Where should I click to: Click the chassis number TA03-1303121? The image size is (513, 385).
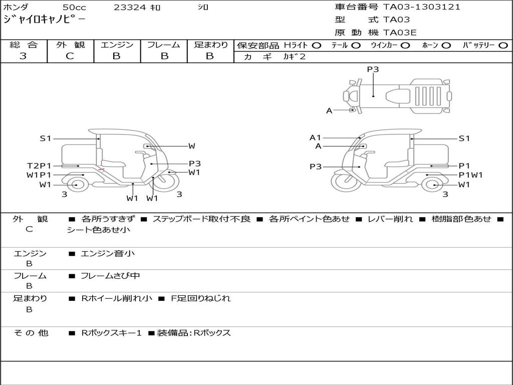click(421, 7)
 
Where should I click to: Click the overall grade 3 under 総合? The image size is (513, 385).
click(23, 56)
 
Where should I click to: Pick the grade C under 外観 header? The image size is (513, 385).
click(70, 56)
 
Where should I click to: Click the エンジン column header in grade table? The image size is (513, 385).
click(117, 45)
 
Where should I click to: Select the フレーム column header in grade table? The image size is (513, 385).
click(163, 45)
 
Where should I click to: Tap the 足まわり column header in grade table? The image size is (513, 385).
click(210, 45)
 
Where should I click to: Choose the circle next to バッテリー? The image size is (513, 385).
click(503, 45)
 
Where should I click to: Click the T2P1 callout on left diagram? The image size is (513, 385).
click(39, 165)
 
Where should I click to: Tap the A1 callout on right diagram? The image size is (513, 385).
click(315, 137)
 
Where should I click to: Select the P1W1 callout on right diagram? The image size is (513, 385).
click(470, 175)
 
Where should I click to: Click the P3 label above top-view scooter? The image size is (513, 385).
click(373, 70)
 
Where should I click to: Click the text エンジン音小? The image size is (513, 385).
click(108, 254)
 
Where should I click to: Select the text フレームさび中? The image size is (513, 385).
click(110, 276)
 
